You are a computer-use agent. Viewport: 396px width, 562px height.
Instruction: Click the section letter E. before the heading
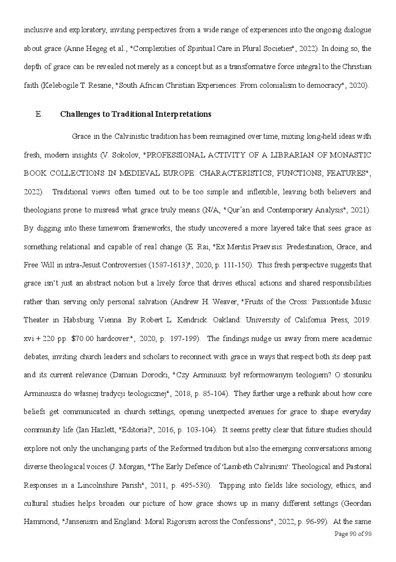(x=39, y=114)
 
